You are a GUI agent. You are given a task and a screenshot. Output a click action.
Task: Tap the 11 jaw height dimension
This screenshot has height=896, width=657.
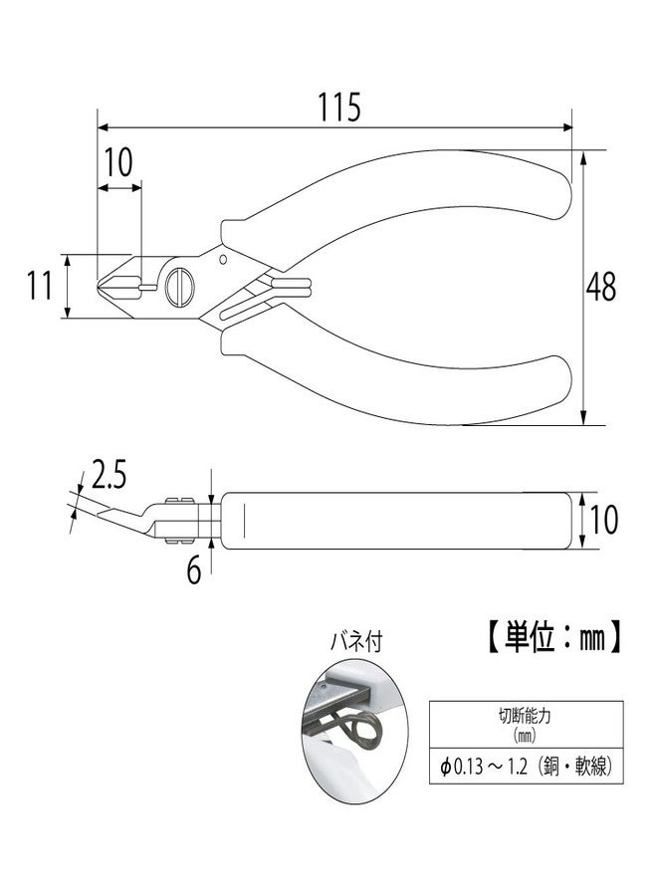[x=38, y=287]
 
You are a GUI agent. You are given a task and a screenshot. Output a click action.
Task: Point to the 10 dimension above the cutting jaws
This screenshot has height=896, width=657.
[x=118, y=163]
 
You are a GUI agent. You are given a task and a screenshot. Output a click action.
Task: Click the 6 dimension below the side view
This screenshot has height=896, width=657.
[x=193, y=569]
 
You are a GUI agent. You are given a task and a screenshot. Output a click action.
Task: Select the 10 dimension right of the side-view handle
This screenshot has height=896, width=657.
[x=604, y=519]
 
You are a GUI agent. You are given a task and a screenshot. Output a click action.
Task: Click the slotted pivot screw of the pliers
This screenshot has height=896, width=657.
[x=181, y=287]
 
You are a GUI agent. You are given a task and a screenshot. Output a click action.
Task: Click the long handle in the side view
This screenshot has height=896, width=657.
[x=398, y=519]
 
